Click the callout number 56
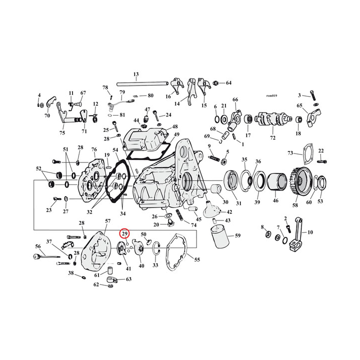(37, 246)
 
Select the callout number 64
(228, 82)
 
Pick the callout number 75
(62, 132)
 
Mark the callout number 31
(238, 202)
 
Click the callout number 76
(94, 150)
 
